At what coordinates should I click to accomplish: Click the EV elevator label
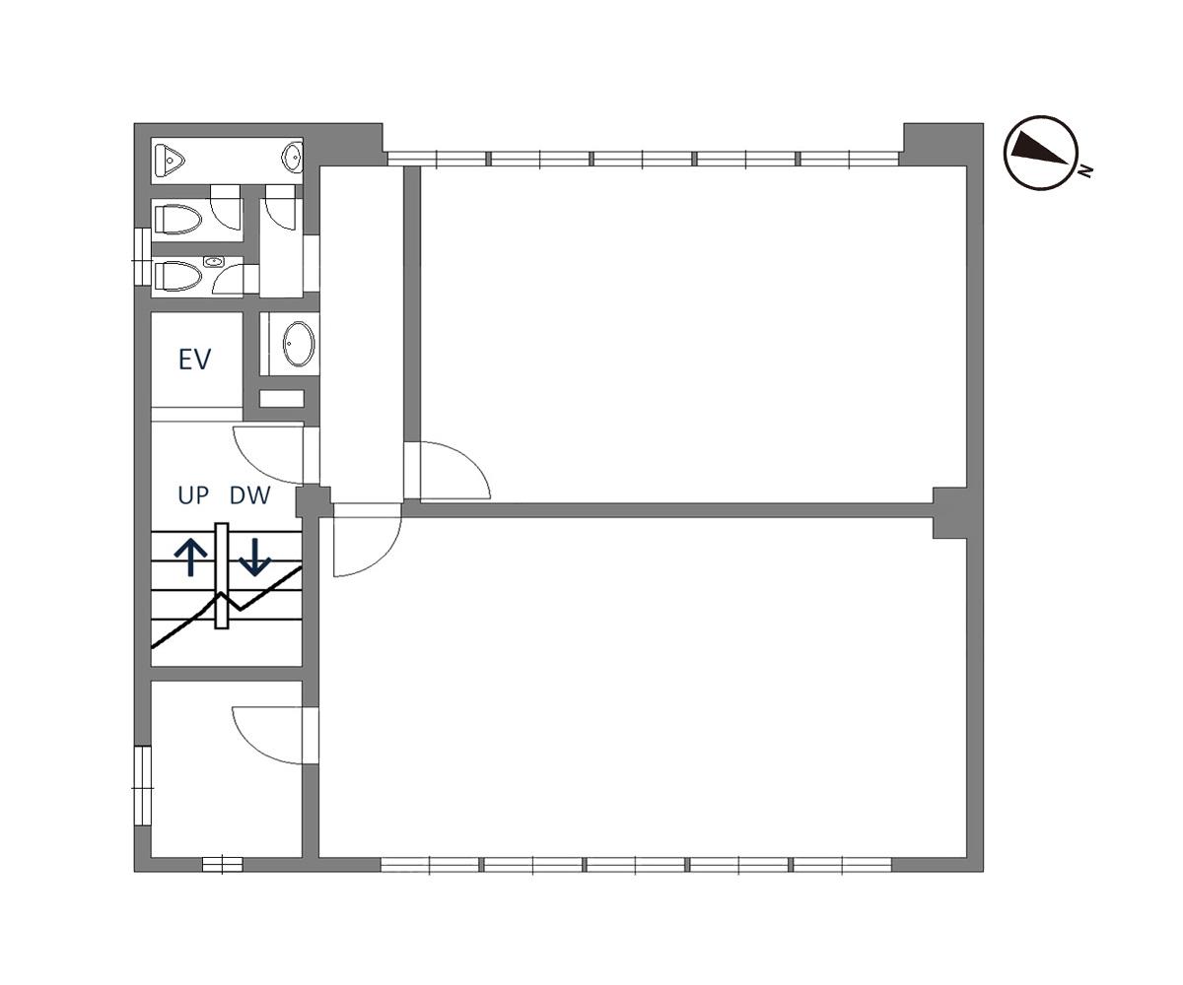[x=194, y=359]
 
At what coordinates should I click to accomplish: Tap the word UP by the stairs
[x=193, y=495]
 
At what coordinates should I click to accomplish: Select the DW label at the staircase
[x=249, y=495]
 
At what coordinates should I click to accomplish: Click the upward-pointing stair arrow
[x=191, y=558]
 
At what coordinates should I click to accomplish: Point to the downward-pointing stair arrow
[x=255, y=558]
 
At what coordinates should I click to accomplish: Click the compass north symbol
[x=1040, y=153]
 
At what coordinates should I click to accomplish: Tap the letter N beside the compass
[x=1085, y=170]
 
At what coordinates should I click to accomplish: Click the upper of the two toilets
[x=177, y=220]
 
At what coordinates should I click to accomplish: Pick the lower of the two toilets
[x=177, y=276]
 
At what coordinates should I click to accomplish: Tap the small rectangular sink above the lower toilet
[x=214, y=262]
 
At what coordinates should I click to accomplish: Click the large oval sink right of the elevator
[x=298, y=344]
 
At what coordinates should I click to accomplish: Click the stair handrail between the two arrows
[x=222, y=575]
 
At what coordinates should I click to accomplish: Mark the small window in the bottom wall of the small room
[x=223, y=865]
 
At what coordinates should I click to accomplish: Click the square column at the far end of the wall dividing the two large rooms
[x=949, y=513]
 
